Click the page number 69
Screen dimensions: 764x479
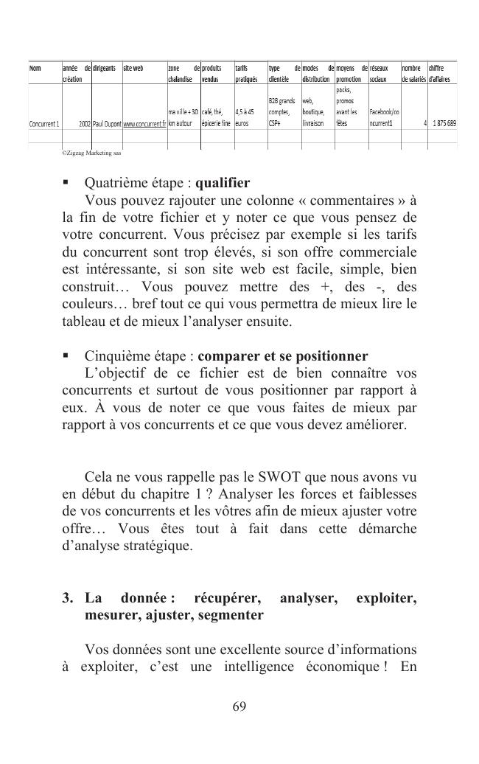pos(239,706)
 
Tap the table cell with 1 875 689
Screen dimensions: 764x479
pos(441,124)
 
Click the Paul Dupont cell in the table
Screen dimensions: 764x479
pos(106,124)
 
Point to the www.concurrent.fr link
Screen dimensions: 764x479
pos(144,124)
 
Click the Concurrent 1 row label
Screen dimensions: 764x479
pos(44,124)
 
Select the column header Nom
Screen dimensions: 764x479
pos(35,68)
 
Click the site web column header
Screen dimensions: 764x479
pos(133,68)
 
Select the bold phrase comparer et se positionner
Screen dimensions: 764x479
pos(283,357)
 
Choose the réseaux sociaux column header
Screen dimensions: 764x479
pos(383,72)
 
